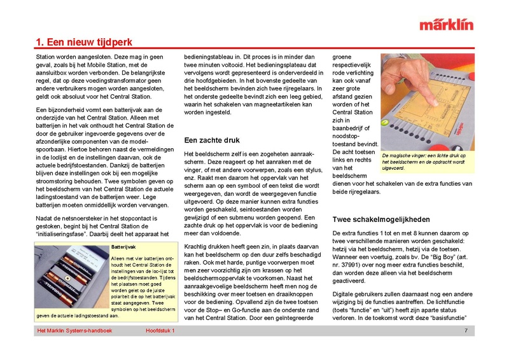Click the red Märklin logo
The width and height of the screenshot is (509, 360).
coord(446,25)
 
